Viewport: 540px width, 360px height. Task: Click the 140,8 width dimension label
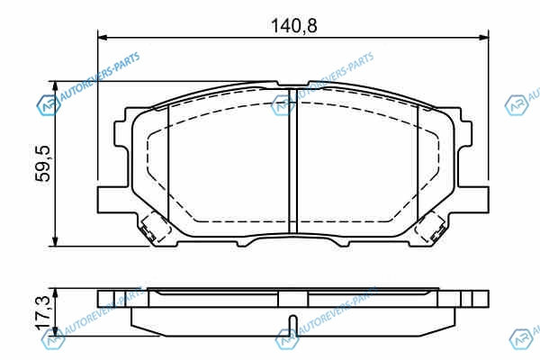[x=293, y=26]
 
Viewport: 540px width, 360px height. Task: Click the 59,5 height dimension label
[x=44, y=163]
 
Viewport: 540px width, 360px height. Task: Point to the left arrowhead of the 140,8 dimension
[x=103, y=37]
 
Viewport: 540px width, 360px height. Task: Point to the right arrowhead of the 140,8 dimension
[x=483, y=37]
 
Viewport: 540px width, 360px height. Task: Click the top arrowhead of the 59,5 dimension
[x=55, y=86]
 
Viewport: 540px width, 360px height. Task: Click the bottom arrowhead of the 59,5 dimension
[x=55, y=241]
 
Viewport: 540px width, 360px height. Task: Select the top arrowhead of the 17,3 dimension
[x=55, y=294]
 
